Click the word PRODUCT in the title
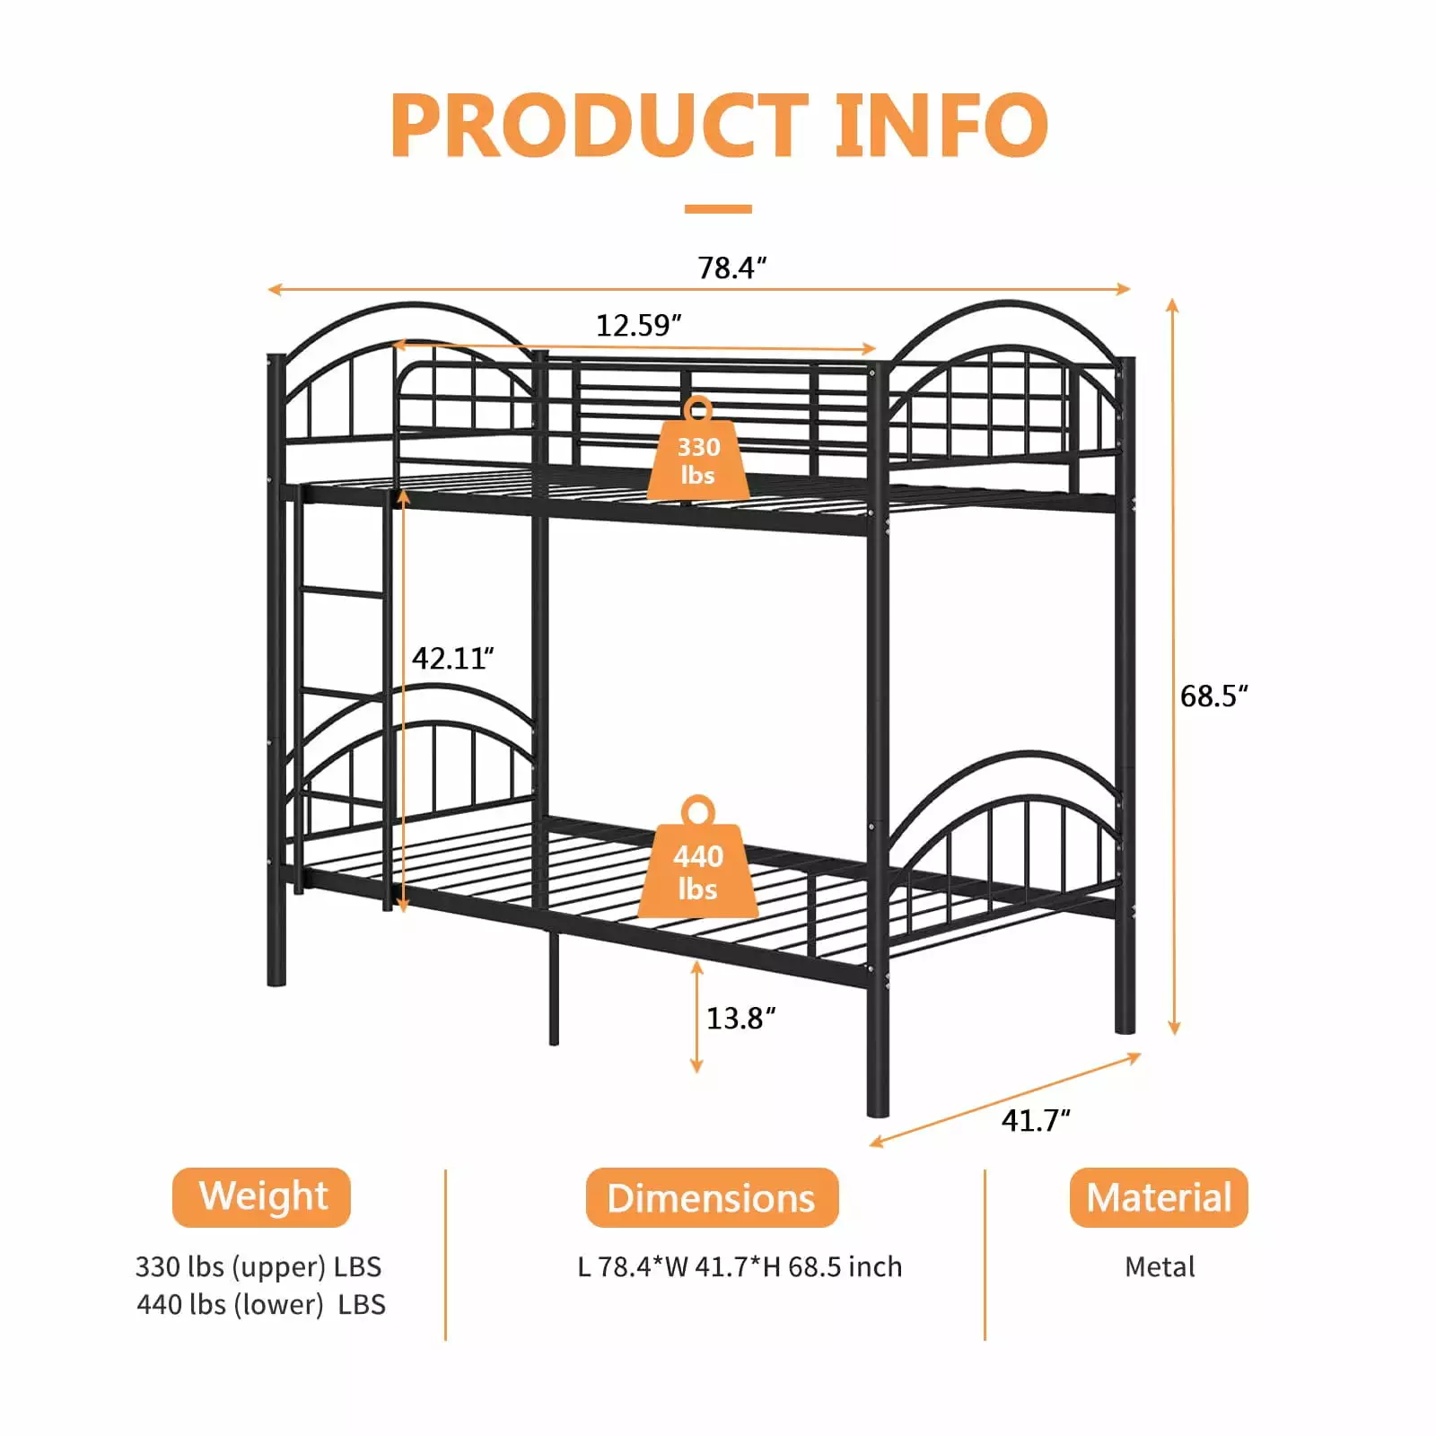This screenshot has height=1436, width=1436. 600,125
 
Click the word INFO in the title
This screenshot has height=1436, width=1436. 941,125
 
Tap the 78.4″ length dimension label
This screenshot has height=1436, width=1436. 732,267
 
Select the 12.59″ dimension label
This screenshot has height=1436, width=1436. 639,325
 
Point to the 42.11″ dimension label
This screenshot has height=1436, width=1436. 453,659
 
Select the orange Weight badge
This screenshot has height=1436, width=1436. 261,1197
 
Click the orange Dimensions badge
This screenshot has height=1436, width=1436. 712,1197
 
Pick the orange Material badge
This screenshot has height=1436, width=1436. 1159,1197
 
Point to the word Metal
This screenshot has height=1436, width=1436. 1160,1266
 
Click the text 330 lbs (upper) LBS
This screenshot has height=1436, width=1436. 258,1266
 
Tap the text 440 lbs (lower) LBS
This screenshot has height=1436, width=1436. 261,1304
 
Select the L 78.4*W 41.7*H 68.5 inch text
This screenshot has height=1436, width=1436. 740,1266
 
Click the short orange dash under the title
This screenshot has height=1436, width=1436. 718,209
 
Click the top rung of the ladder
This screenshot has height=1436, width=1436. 345,592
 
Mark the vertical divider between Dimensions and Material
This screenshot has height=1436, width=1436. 985,1255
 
